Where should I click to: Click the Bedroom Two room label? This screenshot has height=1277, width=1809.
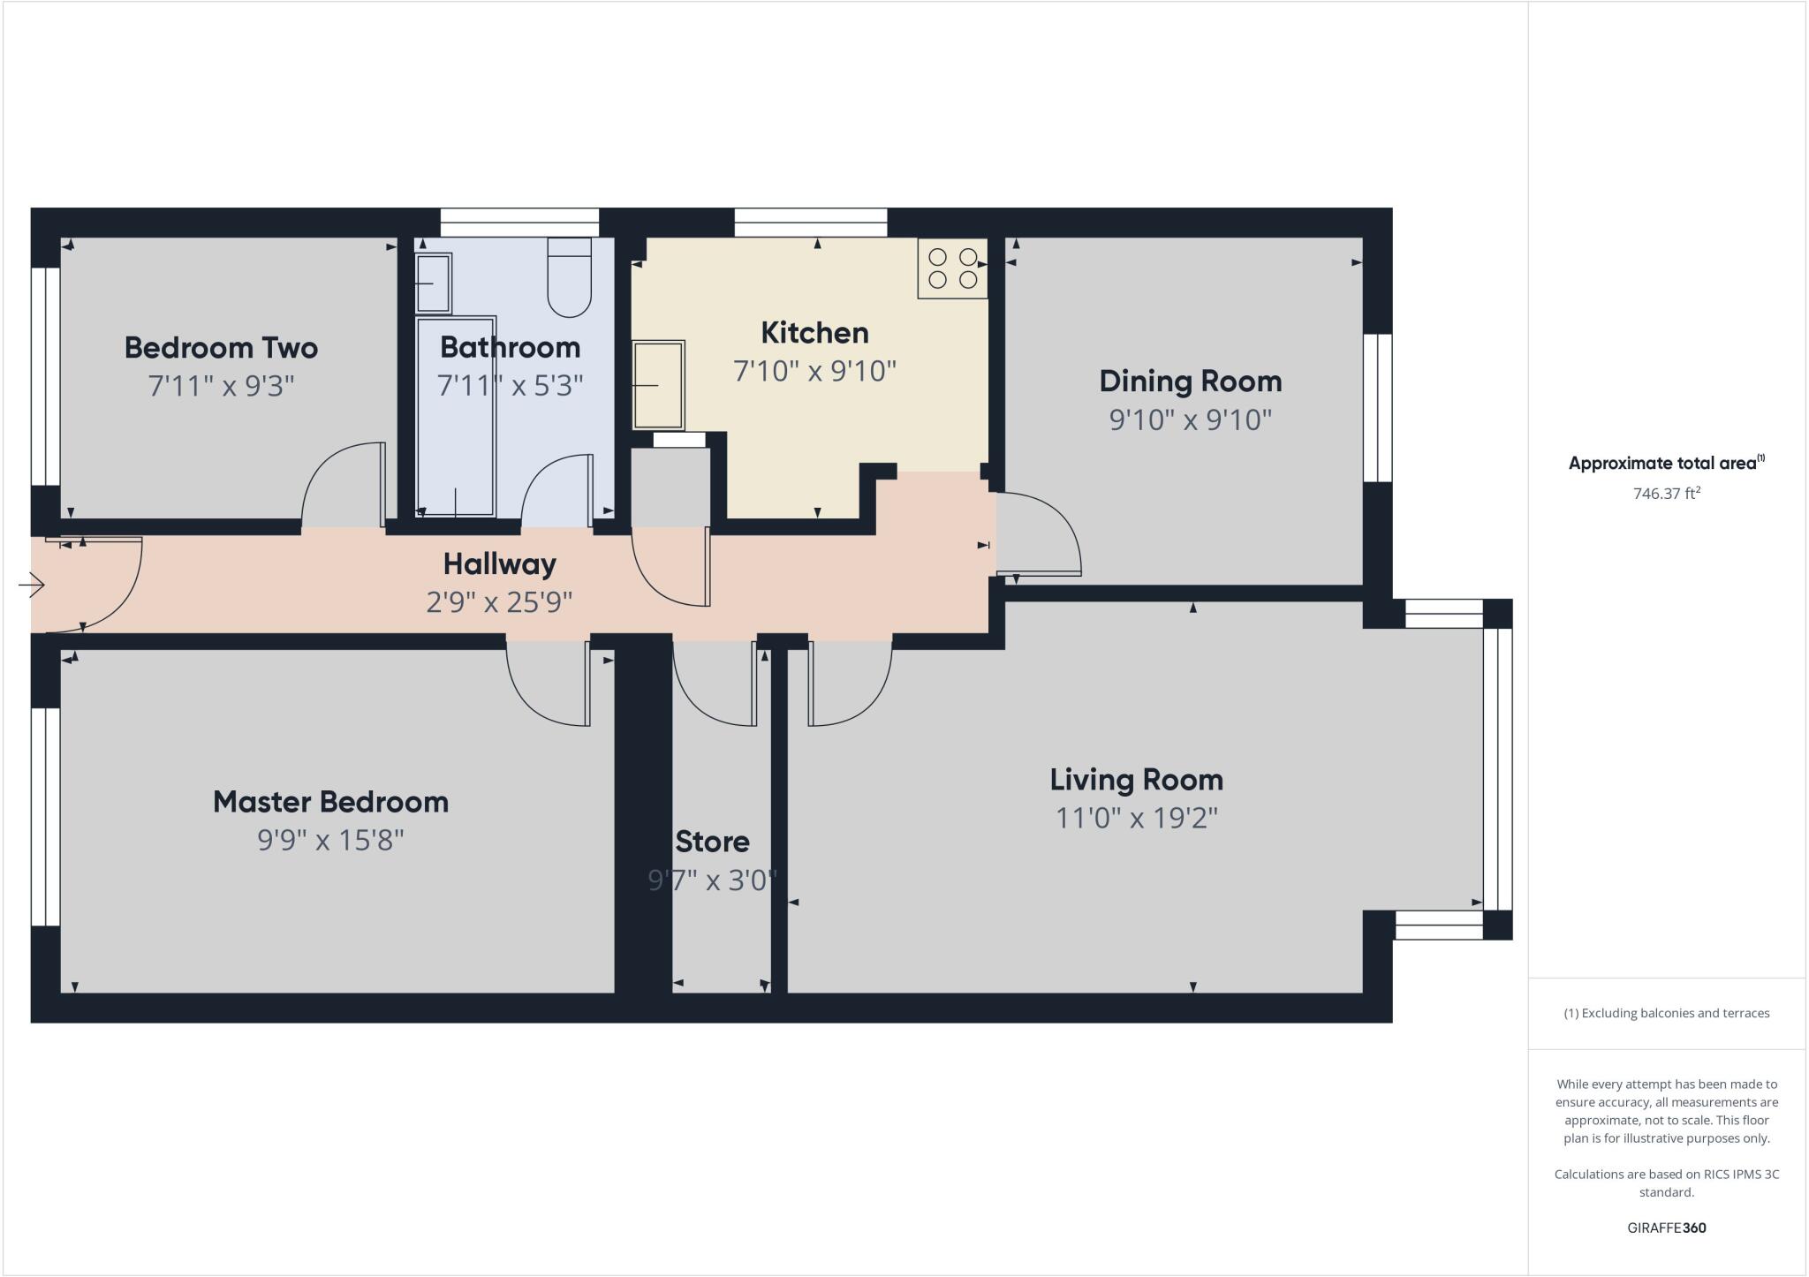221,348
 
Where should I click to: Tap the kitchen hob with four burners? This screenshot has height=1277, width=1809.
953,268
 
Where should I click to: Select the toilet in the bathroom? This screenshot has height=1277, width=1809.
570,277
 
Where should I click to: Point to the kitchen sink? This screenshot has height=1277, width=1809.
658,386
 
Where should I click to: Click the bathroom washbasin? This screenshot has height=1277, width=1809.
433,283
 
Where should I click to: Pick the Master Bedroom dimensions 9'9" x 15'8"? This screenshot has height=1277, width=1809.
330,840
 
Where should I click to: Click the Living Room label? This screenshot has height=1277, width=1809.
1137,780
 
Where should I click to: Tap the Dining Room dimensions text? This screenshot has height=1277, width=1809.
1191,419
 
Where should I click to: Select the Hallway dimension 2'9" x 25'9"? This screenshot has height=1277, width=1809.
499,602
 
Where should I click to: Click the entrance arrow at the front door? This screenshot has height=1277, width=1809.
32,585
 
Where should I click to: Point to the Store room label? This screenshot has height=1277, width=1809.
713,842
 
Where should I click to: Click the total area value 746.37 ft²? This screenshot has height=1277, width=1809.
1667,493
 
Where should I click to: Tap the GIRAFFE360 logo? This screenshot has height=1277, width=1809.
1667,1228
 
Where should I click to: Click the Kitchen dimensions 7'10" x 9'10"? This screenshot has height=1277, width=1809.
814,371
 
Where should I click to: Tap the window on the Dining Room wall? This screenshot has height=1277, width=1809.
1378,408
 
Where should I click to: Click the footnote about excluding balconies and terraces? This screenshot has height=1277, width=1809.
1667,1013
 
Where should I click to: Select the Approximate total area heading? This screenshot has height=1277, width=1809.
1666,463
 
